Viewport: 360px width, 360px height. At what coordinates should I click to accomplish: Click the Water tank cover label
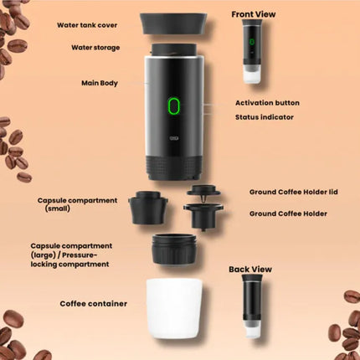(87, 25)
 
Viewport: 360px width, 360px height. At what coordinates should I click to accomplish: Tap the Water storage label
(95, 48)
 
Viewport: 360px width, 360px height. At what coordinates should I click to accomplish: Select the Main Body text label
(100, 83)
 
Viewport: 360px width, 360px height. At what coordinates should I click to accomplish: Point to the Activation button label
(267, 103)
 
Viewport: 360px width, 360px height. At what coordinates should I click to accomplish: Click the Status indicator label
(265, 117)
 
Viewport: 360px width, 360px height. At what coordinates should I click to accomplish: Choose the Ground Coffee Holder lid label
(294, 192)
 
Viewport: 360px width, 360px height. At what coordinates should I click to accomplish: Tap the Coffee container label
(94, 304)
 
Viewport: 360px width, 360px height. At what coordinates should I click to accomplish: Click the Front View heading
(254, 14)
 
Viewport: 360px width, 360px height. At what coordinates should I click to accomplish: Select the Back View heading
(250, 270)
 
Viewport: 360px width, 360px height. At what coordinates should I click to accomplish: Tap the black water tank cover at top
(173, 23)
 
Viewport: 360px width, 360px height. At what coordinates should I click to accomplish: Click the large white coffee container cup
(174, 309)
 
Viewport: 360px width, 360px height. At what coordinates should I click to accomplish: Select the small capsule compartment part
(148, 208)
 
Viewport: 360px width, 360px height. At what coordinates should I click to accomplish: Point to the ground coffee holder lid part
(203, 191)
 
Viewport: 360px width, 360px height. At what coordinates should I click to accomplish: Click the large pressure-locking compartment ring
(174, 249)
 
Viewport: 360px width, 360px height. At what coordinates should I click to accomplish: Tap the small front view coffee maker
(252, 51)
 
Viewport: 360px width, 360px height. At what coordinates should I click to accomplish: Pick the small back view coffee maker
(252, 306)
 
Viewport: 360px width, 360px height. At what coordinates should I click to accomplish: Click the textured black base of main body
(173, 167)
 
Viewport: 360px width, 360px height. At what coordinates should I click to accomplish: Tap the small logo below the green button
(174, 138)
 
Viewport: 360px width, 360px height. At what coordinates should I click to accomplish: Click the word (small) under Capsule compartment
(58, 208)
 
